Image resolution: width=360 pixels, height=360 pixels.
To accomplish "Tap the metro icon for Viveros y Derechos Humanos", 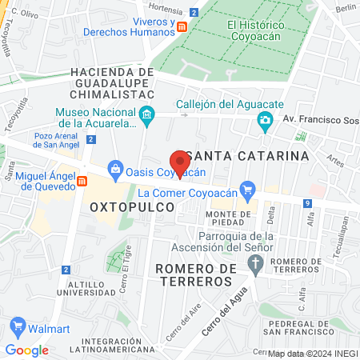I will click(182, 27).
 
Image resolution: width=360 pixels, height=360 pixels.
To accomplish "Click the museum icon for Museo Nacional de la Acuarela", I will click(146, 118).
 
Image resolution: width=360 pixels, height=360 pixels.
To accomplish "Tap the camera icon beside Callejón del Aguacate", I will click(264, 121).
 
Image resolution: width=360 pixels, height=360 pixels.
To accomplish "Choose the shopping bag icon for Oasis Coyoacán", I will click(117, 170).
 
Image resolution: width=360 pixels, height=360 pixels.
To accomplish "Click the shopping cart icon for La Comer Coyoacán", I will click(248, 191).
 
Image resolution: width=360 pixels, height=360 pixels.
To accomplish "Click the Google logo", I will click(26, 350).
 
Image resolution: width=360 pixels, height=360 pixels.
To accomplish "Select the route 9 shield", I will click(308, 204).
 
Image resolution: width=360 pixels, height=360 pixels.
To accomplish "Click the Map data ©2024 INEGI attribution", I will click(312, 353).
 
